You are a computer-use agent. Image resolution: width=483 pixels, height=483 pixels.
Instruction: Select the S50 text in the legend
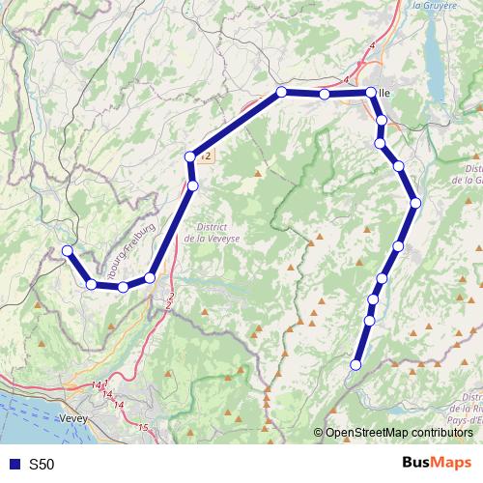click(42, 465)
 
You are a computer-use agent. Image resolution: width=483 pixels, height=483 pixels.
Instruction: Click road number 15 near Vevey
click(144, 427)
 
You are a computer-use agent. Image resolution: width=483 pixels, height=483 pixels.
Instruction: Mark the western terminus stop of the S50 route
click(68, 251)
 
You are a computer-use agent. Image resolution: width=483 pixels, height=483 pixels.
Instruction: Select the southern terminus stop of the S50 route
click(355, 365)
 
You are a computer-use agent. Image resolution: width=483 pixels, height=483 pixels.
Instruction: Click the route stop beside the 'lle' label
click(370, 93)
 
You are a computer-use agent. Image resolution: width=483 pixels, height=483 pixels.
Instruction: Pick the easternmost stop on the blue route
click(415, 203)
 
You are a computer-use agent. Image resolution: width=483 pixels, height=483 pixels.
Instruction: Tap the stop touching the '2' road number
click(191, 156)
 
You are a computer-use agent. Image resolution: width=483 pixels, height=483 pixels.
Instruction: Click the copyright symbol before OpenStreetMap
click(319, 432)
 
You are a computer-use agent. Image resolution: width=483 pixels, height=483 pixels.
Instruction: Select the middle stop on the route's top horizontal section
click(325, 95)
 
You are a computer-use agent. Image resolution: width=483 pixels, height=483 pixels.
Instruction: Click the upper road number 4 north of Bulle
click(372, 45)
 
